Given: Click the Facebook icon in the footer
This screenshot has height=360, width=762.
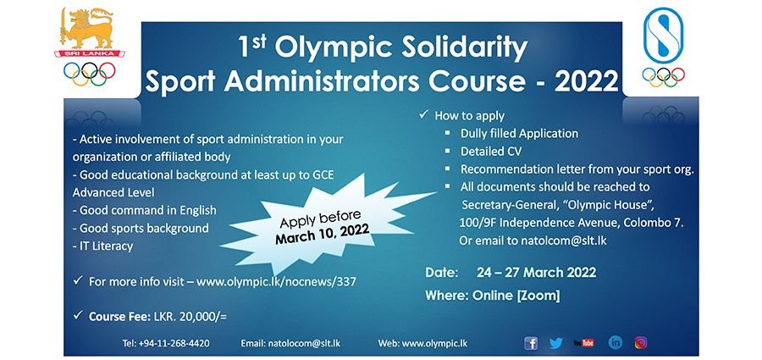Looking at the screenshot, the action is [x=531, y=343].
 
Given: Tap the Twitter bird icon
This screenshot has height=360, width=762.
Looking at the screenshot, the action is [x=556, y=343].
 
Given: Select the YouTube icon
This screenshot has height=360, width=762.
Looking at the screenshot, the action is [x=583, y=343].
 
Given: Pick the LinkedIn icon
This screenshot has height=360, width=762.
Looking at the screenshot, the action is [x=616, y=342].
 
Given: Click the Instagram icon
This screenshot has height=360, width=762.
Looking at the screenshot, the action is [x=641, y=343].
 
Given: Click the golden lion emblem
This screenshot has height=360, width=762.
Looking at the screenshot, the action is [x=86, y=28].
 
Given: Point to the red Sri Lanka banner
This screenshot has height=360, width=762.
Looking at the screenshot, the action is [x=89, y=53].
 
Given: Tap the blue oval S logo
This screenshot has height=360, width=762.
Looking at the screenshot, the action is [x=663, y=35].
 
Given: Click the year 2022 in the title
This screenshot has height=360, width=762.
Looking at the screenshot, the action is [x=587, y=81].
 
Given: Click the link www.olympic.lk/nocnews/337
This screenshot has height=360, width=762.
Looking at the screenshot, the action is [x=276, y=282].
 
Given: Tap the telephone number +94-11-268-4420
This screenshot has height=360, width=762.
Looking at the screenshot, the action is [x=174, y=343].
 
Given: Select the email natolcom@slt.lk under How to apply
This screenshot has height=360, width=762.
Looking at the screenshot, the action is [x=564, y=241].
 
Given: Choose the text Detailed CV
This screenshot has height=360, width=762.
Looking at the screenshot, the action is [x=491, y=152].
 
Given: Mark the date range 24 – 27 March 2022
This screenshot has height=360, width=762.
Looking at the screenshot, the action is [x=536, y=273].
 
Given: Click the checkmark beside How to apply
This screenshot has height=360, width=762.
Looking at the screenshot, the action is [x=423, y=114].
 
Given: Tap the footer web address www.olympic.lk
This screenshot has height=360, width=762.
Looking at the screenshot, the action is [x=434, y=343].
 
